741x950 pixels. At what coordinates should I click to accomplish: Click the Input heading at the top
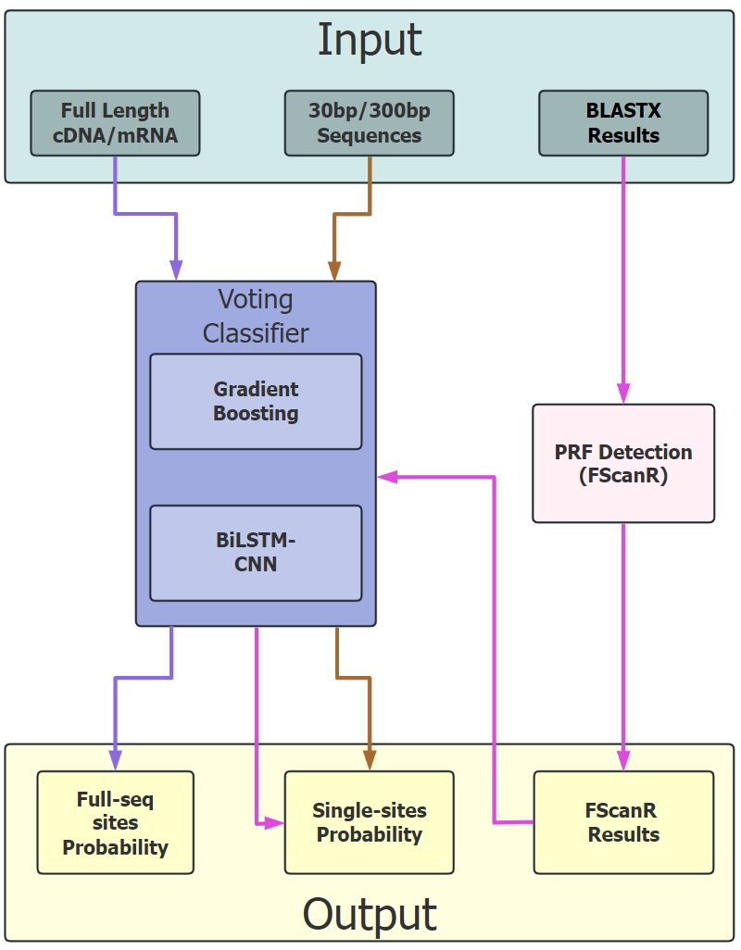[x=370, y=40]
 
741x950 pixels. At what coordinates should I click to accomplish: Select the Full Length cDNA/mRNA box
[x=115, y=123]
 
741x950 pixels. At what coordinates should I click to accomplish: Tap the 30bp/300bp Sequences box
[x=369, y=123]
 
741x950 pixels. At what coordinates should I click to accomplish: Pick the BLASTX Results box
[x=623, y=123]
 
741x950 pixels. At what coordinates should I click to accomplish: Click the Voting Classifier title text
[x=256, y=316]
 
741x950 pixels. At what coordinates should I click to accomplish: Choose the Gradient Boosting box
[x=256, y=401]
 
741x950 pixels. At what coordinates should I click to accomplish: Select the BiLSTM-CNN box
[x=256, y=552]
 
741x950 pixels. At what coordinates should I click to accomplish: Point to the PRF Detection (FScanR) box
[x=623, y=463]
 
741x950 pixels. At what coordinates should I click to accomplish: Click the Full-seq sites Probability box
[x=115, y=822]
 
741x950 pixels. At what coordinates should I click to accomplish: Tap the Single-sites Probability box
[x=369, y=822]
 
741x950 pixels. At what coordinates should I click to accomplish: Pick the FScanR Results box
[x=623, y=822]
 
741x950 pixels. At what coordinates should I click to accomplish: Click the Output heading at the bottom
[x=370, y=914]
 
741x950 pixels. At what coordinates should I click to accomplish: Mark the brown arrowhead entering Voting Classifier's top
[x=333, y=271]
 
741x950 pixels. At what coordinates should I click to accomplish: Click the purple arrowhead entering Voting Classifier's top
[x=176, y=271]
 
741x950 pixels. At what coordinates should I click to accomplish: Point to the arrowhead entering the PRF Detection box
[x=623, y=394]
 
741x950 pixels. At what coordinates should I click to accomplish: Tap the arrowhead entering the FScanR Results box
[x=623, y=761]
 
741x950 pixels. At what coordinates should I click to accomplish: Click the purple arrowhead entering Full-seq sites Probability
[x=115, y=761]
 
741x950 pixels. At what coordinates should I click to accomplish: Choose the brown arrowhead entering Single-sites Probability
[x=370, y=761]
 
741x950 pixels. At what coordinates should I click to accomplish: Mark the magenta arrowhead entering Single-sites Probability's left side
[x=274, y=822]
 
